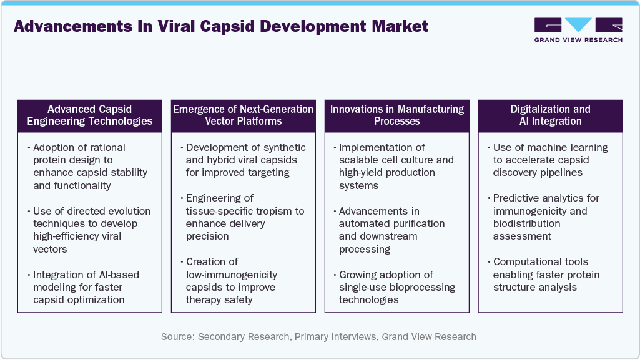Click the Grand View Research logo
tap(578, 29)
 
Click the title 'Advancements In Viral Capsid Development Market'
tap(221, 26)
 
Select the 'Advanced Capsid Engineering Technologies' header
tap(90, 115)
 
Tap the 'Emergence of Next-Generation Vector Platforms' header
tap(243, 115)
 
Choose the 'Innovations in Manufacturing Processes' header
tap(396, 115)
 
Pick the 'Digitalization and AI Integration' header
tap(550, 115)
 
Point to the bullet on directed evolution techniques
tap(84, 230)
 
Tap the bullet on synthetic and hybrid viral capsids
tap(243, 160)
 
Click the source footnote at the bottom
tap(318, 337)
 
